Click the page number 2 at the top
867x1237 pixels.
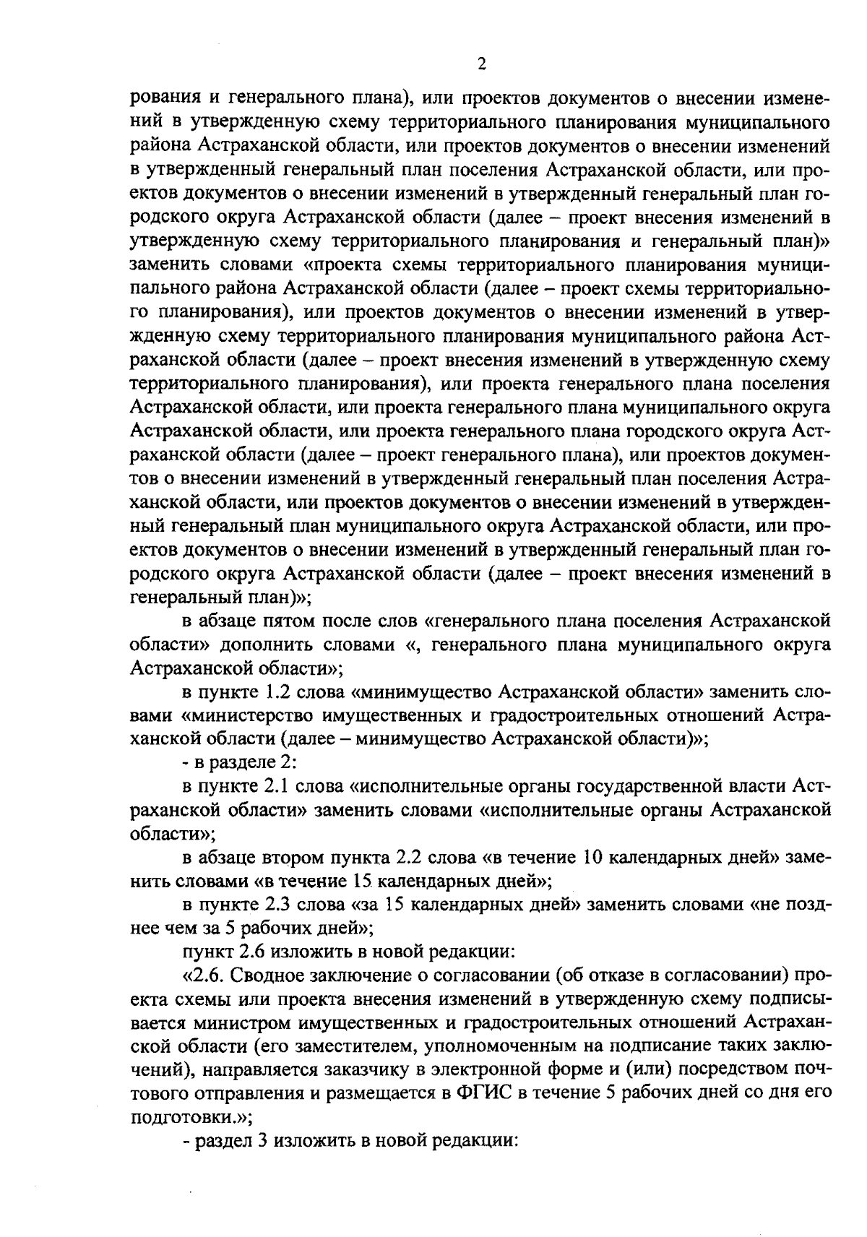(481, 64)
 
